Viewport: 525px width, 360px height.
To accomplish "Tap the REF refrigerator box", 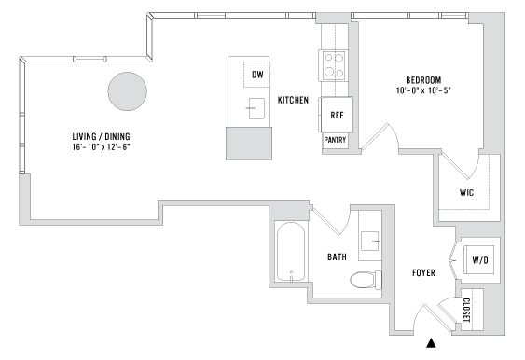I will click(337, 115).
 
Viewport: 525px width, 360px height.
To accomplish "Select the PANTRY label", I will click(336, 140).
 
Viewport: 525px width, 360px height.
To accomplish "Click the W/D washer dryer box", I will click(480, 259).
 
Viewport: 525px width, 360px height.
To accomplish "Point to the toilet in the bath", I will click(363, 279).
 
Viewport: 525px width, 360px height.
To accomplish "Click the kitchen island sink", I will click(254, 109).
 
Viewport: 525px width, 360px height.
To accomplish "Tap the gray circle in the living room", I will click(127, 91).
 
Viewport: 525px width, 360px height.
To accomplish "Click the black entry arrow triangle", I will click(431, 343).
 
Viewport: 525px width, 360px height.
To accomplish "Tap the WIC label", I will click(468, 193).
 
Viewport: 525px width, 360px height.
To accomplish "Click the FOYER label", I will click(425, 273).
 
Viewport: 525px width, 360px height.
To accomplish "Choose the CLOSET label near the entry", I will click(466, 311).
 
